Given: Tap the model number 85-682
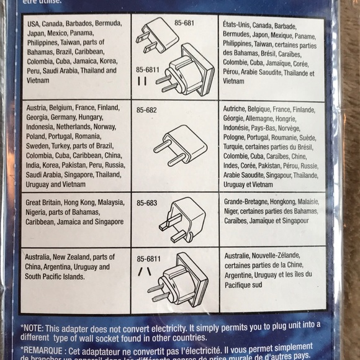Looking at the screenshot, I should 146,110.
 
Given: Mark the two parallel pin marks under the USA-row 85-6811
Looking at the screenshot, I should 143,81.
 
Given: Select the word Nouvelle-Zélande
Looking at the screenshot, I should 276,256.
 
